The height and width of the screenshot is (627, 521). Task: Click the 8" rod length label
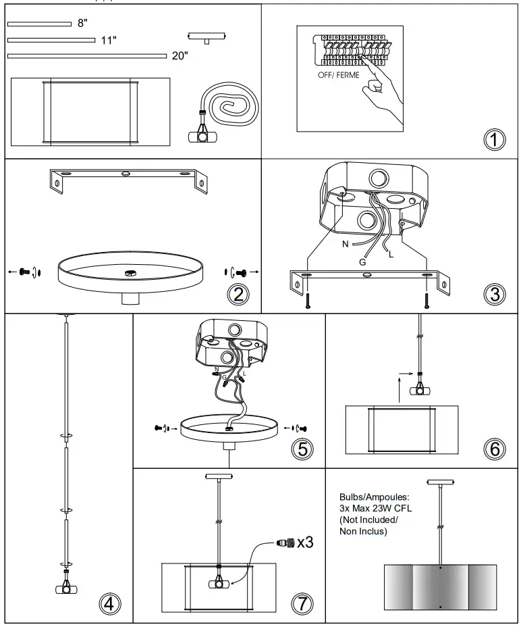tap(83, 24)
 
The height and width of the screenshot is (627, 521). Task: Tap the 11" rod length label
tap(108, 40)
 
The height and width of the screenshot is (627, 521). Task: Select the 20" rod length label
tap(180, 56)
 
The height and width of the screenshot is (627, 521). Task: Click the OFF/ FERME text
tap(339, 75)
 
